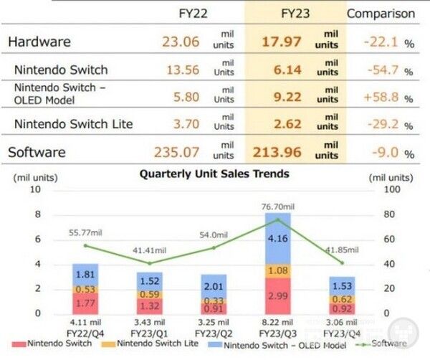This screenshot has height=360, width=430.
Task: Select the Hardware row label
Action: click(39, 42)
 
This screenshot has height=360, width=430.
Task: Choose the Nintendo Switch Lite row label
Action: click(74, 124)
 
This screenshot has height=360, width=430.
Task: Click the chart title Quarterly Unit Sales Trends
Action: click(214, 174)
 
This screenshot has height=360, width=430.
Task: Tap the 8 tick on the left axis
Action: click(37, 214)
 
